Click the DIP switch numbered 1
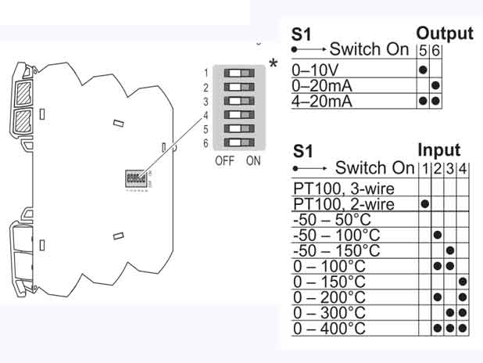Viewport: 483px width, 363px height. pos(239,72)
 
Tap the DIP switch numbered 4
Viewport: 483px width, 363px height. pos(239,115)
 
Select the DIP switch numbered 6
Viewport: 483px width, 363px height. pos(239,143)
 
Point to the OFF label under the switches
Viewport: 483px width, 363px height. pos(224,161)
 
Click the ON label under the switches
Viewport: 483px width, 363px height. pos(253,161)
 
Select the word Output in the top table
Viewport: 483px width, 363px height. pos(444,34)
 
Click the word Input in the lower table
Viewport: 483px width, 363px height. pos(439,150)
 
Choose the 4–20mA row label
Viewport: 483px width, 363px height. pos(321,101)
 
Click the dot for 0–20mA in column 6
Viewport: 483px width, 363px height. pos(435,85)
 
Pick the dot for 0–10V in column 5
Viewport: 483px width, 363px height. pos(423,69)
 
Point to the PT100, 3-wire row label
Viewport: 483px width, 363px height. pos(344,188)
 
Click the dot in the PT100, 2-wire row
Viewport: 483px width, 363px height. pos(424,203)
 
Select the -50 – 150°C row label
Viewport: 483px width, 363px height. pos(335,250)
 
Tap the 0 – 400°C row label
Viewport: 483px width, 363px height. pos(329,328)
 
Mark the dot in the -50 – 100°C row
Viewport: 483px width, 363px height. pos(437,235)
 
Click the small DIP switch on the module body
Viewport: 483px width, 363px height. pos(136,178)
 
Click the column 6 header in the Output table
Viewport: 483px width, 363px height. pos(435,51)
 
